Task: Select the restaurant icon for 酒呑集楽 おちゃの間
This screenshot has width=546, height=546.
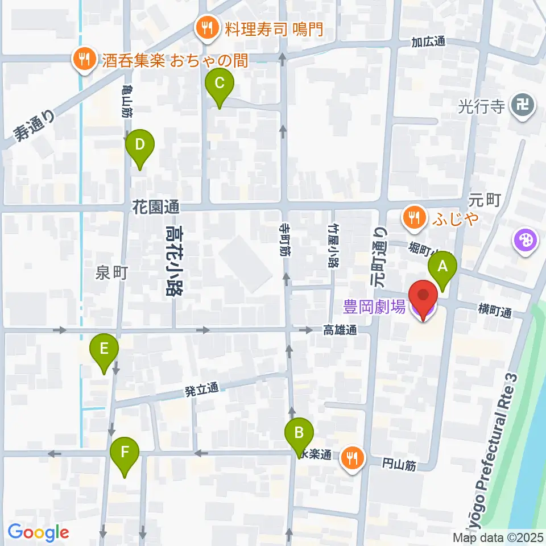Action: coord(84,57)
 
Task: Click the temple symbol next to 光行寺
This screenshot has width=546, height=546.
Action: coord(522,105)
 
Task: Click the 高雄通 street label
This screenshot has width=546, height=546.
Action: coord(340,329)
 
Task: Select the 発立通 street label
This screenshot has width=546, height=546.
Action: coord(201,391)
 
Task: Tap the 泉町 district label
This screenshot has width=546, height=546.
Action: coord(111,273)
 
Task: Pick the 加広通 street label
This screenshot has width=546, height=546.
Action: coord(428,43)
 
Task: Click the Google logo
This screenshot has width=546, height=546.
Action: coord(39,533)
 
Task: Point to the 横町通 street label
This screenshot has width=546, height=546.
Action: coord(495,311)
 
